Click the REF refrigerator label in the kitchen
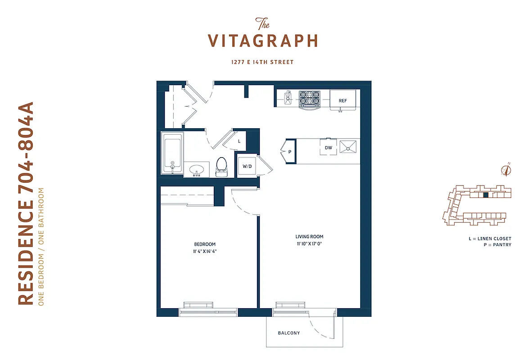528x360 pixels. (x=343, y=101)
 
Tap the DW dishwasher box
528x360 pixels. (x=328, y=147)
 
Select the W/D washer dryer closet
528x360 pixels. (x=247, y=166)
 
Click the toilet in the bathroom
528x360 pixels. (x=221, y=166)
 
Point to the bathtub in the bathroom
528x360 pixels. (x=172, y=153)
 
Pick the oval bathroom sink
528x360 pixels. (x=197, y=171)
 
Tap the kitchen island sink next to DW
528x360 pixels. (x=349, y=147)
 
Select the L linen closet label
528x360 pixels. (x=239, y=141)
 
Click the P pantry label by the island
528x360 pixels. (x=290, y=152)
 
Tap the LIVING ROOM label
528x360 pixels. (x=309, y=237)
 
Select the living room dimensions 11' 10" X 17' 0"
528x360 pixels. (x=309, y=244)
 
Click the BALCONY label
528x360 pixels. (x=289, y=333)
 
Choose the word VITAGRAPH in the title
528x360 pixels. (x=263, y=40)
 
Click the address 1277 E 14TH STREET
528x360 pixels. (x=263, y=62)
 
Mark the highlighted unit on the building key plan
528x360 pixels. (x=485, y=195)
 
